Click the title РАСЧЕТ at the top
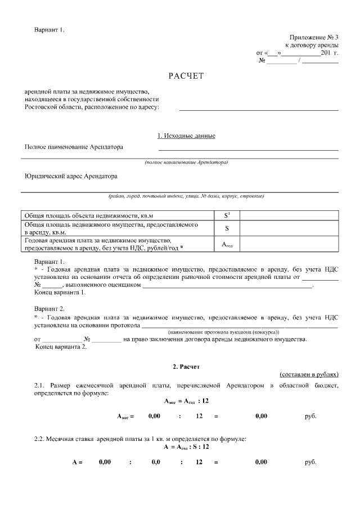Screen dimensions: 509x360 [x=186, y=75]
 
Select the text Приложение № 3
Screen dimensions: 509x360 [x=314, y=36]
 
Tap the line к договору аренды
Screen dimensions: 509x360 [x=312, y=44]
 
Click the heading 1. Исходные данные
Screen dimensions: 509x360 [x=186, y=136]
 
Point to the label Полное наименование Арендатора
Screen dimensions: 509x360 [x=74, y=147]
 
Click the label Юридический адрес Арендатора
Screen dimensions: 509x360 [x=71, y=176]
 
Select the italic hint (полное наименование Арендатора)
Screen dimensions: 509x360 [x=186, y=162]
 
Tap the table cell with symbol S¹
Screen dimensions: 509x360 [x=227, y=215]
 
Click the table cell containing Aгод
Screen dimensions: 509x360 [x=227, y=244]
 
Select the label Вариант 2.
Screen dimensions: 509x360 [x=49, y=309]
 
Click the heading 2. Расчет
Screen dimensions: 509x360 [x=186, y=367]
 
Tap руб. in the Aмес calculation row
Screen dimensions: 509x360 [x=310, y=417]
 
